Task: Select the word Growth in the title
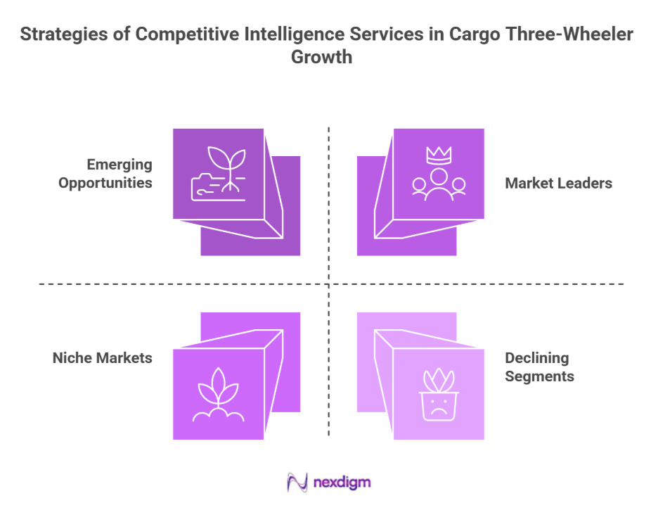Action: point(322,57)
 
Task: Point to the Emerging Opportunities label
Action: point(105,174)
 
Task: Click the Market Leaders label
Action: point(558,183)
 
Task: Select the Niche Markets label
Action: point(102,357)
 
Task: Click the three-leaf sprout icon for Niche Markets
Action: point(218,400)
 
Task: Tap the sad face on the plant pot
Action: point(439,408)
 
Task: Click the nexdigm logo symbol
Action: point(297,483)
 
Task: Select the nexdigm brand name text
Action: point(342,483)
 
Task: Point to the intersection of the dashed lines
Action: point(329,284)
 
